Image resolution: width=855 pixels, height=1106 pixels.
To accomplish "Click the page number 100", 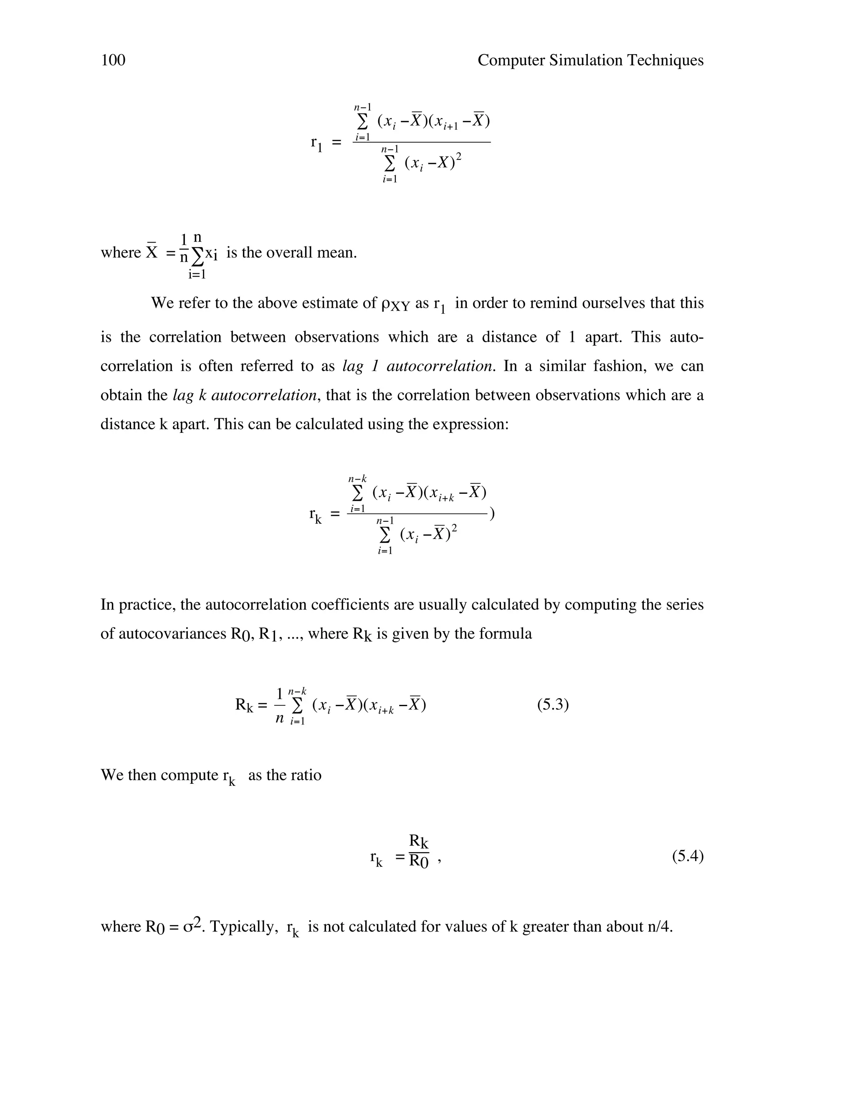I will pyautogui.click(x=113, y=60).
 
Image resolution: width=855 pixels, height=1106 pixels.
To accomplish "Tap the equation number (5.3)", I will pyautogui.click(x=553, y=705).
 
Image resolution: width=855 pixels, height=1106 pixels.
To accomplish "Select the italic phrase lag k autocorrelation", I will pyautogui.click(x=245, y=395).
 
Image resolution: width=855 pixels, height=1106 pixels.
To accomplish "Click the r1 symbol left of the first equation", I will pyautogui.click(x=316, y=143).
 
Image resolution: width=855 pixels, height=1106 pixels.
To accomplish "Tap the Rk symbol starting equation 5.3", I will pyautogui.click(x=244, y=705).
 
